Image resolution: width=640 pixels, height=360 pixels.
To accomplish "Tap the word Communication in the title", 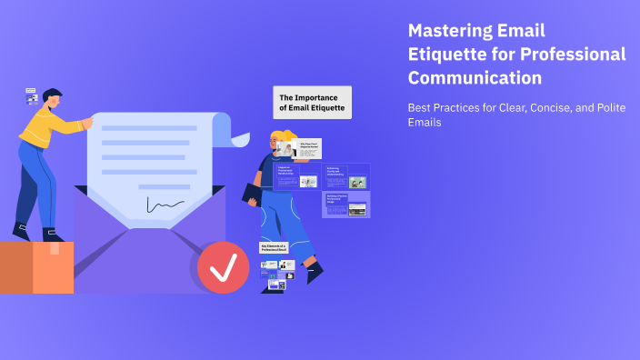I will (475, 78).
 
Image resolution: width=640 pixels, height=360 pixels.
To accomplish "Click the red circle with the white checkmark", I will (223, 267).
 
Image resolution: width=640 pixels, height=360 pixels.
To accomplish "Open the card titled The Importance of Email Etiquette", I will (312, 102).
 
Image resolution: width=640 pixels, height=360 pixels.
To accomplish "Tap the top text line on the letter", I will (149, 128).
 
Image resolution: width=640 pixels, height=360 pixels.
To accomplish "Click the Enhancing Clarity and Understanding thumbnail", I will (345, 175).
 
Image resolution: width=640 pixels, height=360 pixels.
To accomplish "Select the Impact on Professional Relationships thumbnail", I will (296, 175).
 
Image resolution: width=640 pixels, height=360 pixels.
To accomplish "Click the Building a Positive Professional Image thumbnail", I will (345, 205).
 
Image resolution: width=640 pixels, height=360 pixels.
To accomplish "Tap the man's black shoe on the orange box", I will (51, 235).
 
